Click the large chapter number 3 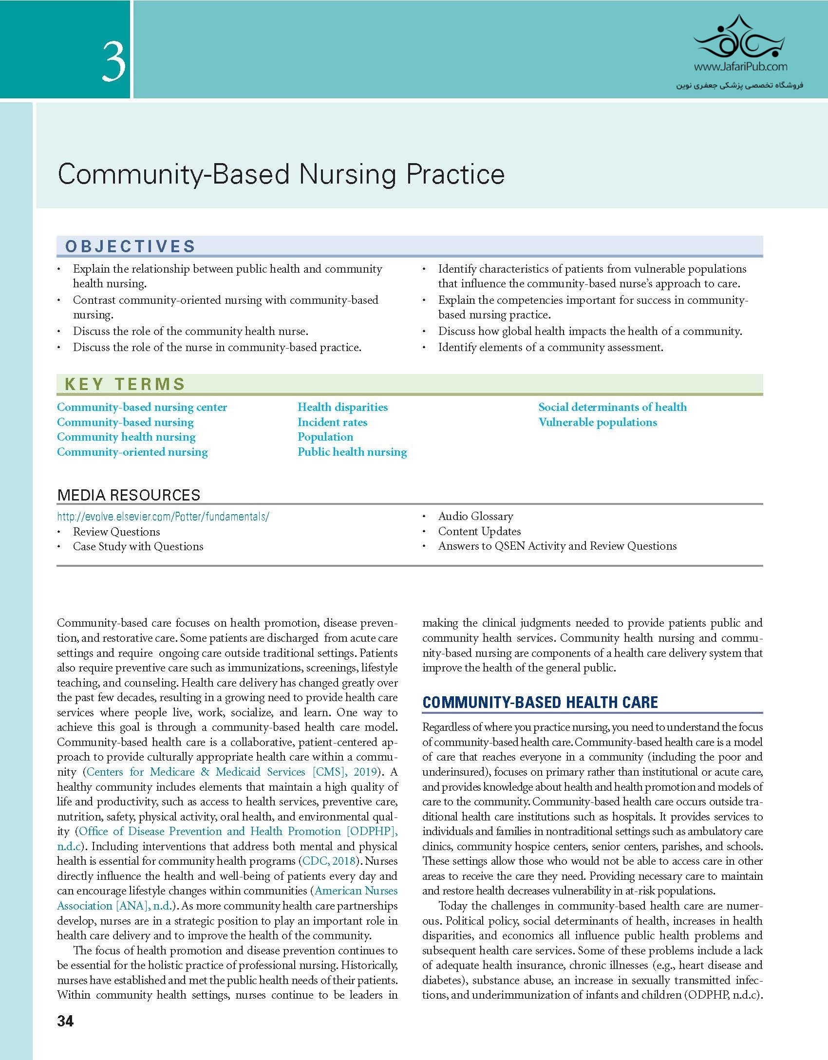[113, 62]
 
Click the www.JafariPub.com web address [740, 67]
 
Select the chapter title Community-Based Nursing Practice [281, 174]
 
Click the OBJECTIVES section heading [130, 246]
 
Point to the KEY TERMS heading [125, 384]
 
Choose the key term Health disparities [342, 407]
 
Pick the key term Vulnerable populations [598, 422]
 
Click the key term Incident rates [332, 422]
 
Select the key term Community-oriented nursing [132, 452]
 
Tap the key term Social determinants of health [612, 407]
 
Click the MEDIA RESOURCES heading [129, 495]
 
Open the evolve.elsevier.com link [163, 517]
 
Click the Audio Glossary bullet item [475, 516]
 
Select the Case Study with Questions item [138, 546]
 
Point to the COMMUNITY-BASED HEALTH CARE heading [540, 702]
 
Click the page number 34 [65, 1021]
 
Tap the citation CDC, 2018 [329, 861]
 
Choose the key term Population [325, 437]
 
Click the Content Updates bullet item [479, 531]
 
